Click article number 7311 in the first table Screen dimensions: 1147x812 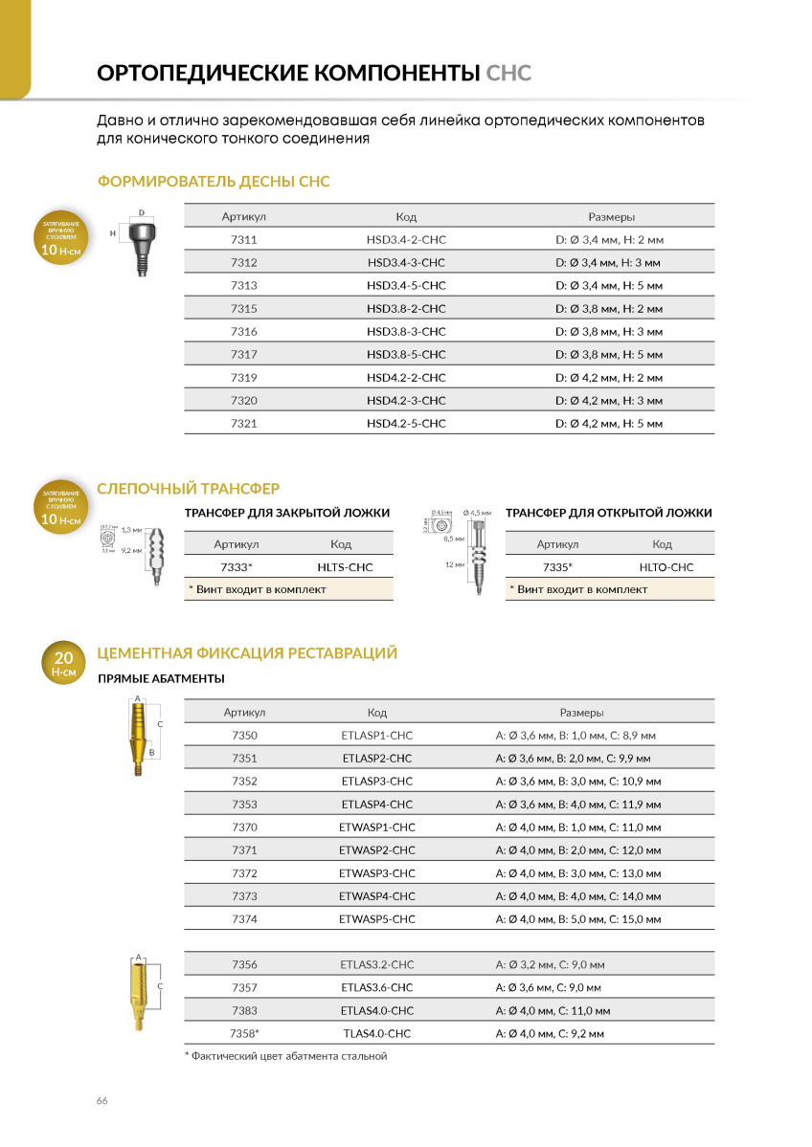[244, 239]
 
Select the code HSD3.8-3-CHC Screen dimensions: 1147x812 [406, 331]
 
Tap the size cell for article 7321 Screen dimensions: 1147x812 [608, 423]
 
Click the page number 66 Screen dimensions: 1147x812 [101, 1100]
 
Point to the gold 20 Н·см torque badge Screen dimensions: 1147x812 [63, 664]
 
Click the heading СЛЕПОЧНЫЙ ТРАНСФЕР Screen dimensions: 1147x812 [189, 489]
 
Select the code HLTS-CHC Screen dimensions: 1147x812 [345, 567]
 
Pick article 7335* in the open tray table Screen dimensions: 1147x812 [557, 567]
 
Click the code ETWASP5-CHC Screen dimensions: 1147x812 [377, 918]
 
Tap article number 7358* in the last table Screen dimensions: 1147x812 [244, 1033]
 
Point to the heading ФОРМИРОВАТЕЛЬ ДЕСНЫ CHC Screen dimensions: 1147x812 [214, 181]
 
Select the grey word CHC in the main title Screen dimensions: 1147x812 [508, 74]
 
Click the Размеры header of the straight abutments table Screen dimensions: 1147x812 [581, 713]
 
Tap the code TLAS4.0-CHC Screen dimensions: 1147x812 [377, 1033]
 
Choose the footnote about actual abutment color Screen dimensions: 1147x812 [285, 1056]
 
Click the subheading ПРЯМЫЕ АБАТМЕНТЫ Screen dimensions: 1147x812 [162, 678]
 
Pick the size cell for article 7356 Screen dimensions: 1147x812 [550, 964]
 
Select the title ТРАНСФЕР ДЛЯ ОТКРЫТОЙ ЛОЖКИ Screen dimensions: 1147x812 [609, 513]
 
